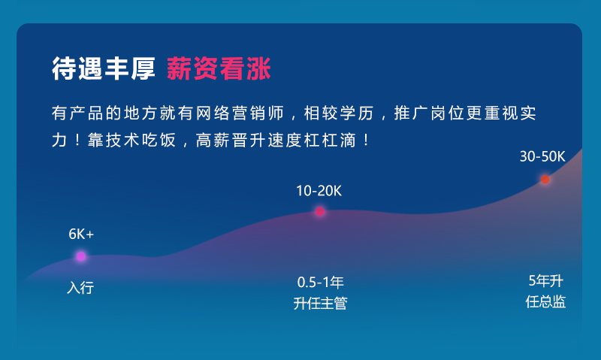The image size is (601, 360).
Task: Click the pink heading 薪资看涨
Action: [x=219, y=69]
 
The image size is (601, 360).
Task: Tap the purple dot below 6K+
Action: [x=81, y=256]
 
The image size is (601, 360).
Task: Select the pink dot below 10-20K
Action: [x=320, y=211]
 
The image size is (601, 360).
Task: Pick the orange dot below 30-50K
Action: [x=545, y=179]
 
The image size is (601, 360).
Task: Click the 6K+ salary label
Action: [x=81, y=234]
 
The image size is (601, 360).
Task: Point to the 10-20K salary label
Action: [x=319, y=190]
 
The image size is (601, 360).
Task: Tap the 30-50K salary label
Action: [x=542, y=156]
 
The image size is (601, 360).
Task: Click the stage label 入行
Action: [x=80, y=287]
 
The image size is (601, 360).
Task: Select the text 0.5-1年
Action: [x=320, y=283]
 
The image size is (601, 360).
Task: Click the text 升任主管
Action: [x=320, y=304]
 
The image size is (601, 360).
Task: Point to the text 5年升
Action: [x=545, y=281]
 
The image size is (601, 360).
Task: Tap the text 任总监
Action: [x=545, y=301]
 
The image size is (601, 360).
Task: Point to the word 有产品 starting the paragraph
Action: [x=73, y=114]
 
